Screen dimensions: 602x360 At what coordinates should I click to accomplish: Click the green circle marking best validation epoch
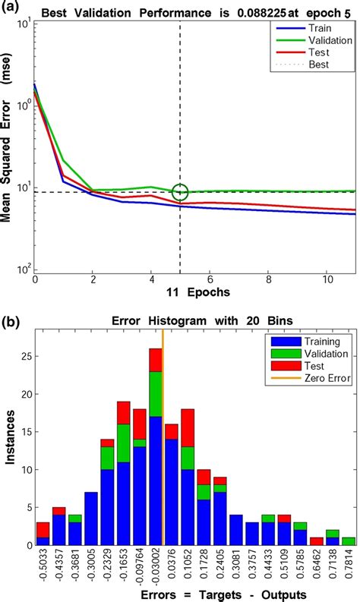click(x=180, y=192)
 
